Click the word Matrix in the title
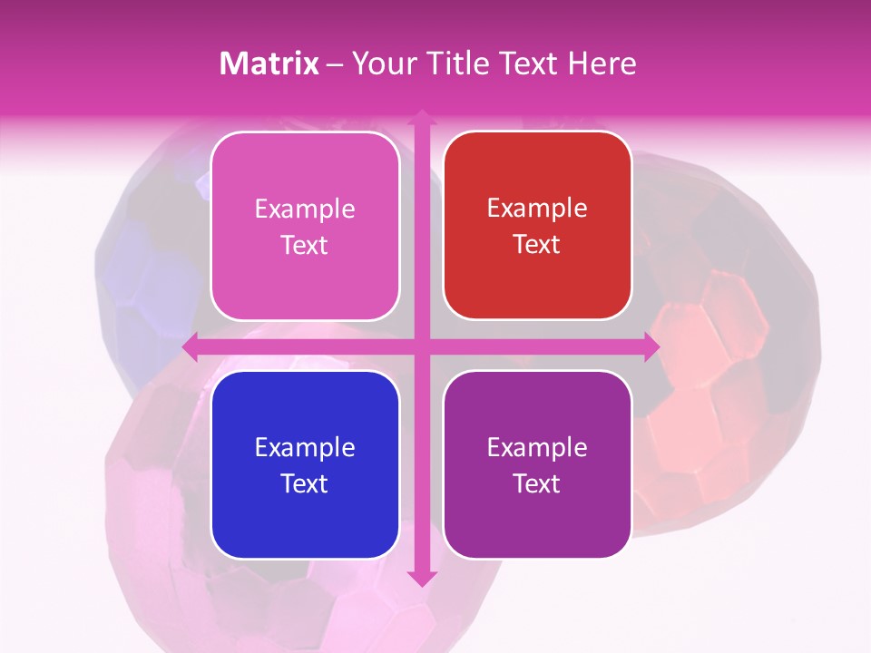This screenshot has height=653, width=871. (x=269, y=63)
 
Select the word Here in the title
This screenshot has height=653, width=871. (x=602, y=63)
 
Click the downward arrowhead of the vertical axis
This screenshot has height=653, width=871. (x=421, y=578)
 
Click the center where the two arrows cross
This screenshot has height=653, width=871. (x=421, y=347)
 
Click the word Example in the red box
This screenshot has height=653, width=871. (x=537, y=209)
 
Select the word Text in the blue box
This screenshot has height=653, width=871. (x=305, y=483)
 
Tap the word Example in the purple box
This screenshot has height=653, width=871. (x=537, y=447)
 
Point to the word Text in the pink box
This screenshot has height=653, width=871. (x=305, y=246)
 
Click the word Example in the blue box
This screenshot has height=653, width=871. (x=305, y=447)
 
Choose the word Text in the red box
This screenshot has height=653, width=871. (x=537, y=245)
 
